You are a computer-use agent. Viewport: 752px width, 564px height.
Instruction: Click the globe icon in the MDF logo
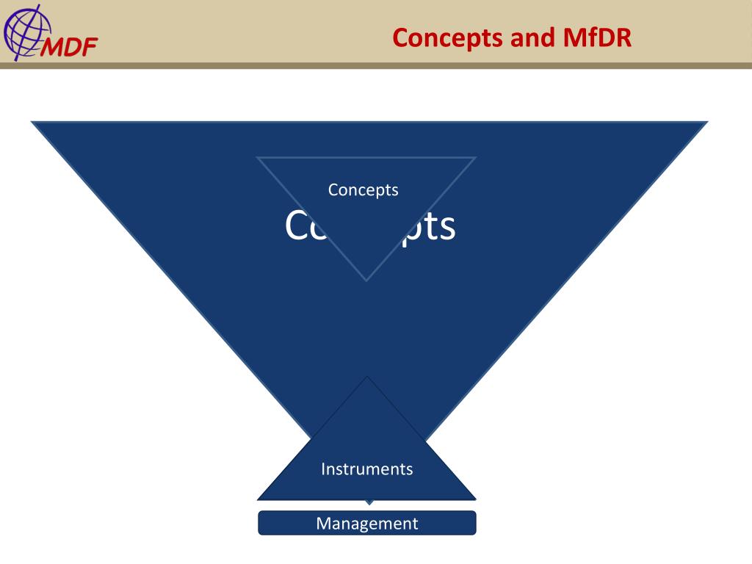point(23,29)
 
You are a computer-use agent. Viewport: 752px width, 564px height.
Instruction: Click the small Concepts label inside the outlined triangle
point(364,189)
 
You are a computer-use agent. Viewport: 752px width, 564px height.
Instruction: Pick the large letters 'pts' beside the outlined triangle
point(429,226)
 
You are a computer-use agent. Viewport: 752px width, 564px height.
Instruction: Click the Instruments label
point(366,469)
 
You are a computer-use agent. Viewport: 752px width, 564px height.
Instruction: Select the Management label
point(366,524)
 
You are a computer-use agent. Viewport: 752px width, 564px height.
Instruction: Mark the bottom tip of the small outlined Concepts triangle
point(366,280)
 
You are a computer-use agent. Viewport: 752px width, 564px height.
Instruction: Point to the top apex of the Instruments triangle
point(366,377)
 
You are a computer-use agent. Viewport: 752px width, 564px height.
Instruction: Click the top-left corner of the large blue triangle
point(32,122)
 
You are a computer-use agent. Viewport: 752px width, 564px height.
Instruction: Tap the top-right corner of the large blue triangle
point(706,122)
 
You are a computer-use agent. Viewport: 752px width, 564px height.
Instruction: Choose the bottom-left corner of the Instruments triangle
point(259,499)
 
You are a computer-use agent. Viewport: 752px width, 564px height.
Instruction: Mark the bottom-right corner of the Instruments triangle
point(475,499)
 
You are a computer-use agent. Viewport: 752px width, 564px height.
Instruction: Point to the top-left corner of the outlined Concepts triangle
point(258,158)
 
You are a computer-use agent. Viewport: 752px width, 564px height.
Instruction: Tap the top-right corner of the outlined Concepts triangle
point(475,158)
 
